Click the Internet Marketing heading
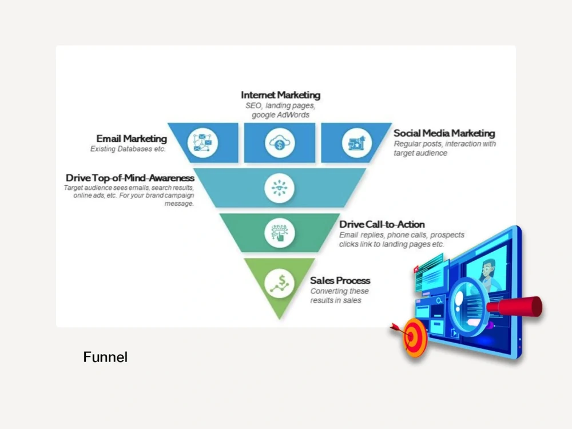[x=280, y=95]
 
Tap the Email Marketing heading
[x=132, y=138]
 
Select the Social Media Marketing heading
[x=444, y=133]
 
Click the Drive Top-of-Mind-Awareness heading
[x=130, y=178]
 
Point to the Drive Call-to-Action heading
[x=382, y=224]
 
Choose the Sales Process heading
[x=340, y=280]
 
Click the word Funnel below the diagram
[x=105, y=357]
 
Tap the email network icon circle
[x=202, y=142]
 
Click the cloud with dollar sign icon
[x=280, y=142]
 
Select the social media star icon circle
[x=357, y=142]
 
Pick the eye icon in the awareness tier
[x=280, y=188]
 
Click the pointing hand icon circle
[x=280, y=233]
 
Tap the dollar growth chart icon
[x=280, y=284]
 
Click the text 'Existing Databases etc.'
[x=128, y=149]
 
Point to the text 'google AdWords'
[x=280, y=115]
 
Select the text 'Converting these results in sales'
[x=339, y=296]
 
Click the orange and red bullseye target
[x=414, y=337]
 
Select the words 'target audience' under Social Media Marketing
[x=420, y=153]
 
